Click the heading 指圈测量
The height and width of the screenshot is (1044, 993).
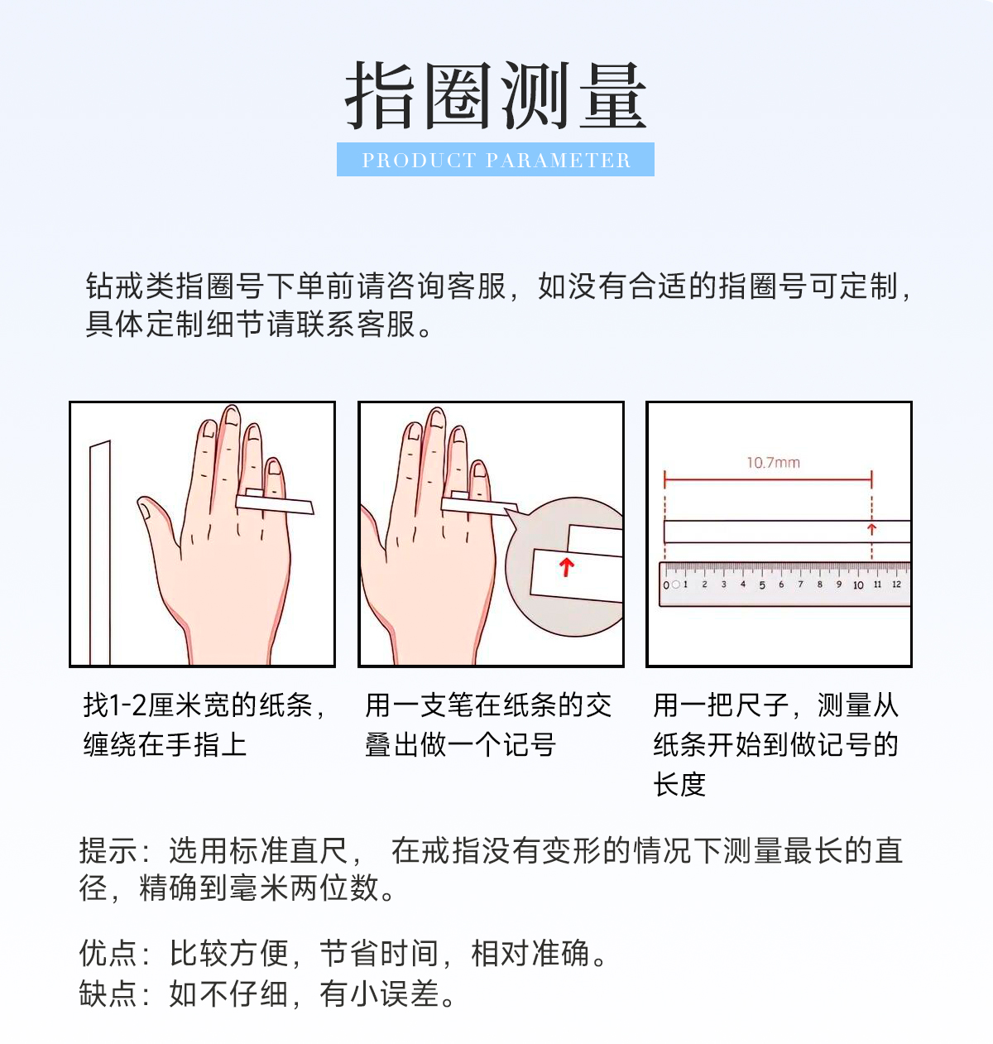pos(496,95)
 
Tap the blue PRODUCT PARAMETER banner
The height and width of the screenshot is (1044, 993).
pos(495,159)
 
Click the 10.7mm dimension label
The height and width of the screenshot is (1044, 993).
pos(773,463)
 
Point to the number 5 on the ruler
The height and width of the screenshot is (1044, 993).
pos(762,585)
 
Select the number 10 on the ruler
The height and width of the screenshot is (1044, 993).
pos(858,585)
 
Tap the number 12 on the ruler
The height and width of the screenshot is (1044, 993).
pos(896,585)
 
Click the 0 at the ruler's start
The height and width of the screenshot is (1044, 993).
pos(666,585)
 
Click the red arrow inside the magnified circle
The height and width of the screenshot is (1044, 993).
pos(566,567)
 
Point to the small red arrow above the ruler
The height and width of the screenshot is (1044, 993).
pos(871,529)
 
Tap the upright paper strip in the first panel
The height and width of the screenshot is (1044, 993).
pos(100,552)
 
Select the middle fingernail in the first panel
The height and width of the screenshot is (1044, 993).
pos(233,416)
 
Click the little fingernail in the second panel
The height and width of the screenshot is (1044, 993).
pos(479,469)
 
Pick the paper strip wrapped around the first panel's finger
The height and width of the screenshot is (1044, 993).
pos(275,503)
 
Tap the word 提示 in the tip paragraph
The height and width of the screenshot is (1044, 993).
pos(108,851)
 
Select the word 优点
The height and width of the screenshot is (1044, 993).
pos(108,953)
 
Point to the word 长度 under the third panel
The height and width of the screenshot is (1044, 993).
pos(679,784)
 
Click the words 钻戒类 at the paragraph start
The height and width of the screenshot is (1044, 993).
pos(130,286)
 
